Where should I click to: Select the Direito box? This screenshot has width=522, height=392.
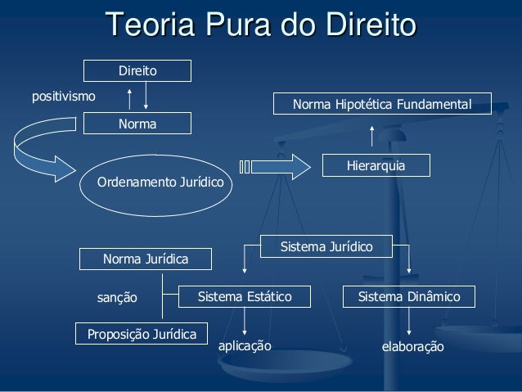[x=137, y=71]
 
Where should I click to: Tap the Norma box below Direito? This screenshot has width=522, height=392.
[x=137, y=124]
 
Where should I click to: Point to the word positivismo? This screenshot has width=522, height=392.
[x=63, y=97]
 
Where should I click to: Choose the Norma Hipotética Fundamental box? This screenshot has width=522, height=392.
[x=382, y=106]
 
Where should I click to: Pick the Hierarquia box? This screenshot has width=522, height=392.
[x=376, y=166]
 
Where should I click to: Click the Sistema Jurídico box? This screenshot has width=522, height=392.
[x=326, y=246]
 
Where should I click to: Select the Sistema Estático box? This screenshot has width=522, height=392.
[x=244, y=296]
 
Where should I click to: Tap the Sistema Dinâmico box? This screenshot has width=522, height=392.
[x=409, y=296]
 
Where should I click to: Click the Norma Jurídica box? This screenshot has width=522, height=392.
[x=145, y=259]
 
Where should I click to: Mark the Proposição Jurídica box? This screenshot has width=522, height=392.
[x=142, y=334]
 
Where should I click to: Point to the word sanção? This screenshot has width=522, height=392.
[x=118, y=298]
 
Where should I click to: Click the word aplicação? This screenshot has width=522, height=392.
[x=244, y=346]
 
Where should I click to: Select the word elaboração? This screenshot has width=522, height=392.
[x=413, y=347]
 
